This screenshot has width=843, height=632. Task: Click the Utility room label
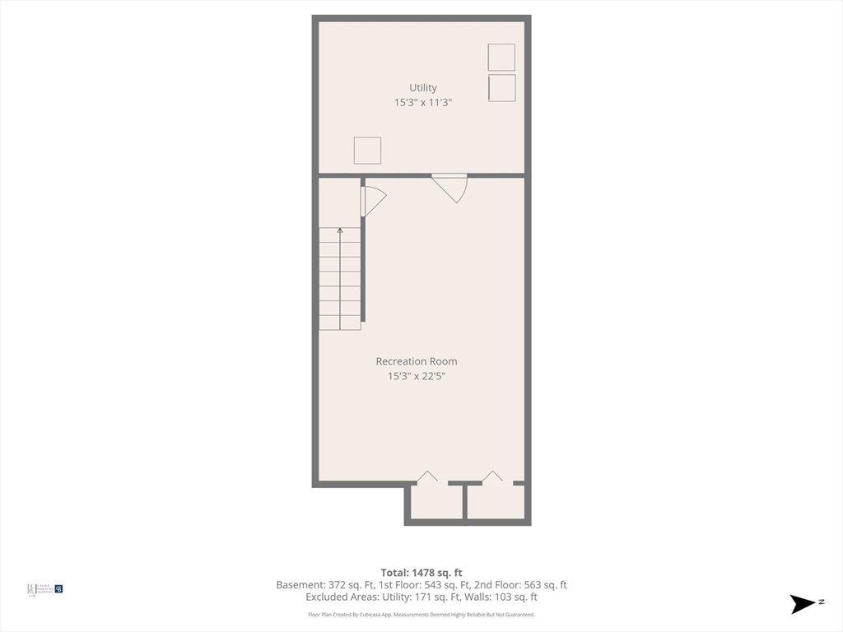[423, 88]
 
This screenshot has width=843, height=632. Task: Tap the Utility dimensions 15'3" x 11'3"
[423, 103]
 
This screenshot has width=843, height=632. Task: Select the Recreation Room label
[417, 361]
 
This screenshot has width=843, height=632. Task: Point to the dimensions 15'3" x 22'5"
[417, 376]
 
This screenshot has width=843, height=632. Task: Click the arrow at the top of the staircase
[340, 231]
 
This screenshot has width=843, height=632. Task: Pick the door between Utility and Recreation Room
[451, 187]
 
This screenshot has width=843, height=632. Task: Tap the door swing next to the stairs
[372, 201]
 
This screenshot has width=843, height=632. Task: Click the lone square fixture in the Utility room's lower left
[367, 151]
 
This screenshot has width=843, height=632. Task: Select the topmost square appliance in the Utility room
[501, 58]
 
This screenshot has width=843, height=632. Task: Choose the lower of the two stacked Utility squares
[501, 88]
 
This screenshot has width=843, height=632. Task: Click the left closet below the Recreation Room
[436, 502]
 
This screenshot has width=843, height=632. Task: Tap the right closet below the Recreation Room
[496, 502]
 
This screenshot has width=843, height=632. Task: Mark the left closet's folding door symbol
[427, 476]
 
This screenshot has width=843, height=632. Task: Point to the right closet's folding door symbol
[492, 476]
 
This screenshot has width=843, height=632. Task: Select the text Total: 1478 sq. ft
[421, 573]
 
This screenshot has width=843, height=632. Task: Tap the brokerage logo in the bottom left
[45, 588]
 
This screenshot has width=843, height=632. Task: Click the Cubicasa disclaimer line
[421, 615]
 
